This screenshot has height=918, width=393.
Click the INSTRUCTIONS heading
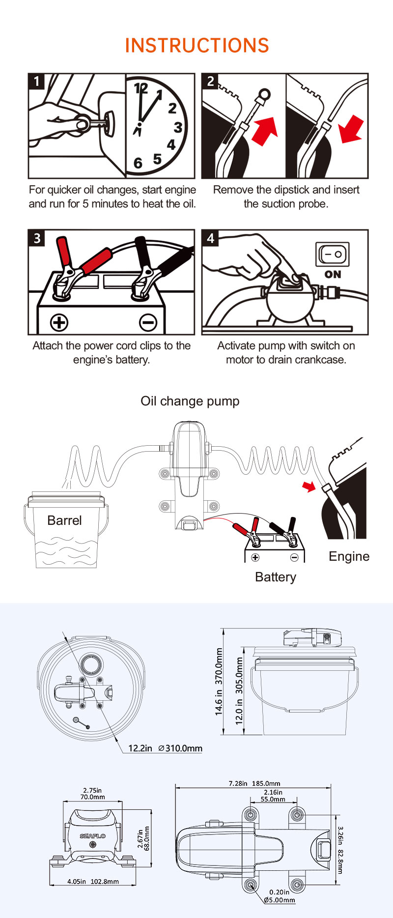pyautogui.click(x=197, y=45)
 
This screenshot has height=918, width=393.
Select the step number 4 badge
pyautogui.click(x=210, y=238)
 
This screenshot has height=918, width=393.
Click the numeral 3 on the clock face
pyautogui.click(x=178, y=127)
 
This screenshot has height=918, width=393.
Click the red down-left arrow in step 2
pyautogui.click(x=351, y=129)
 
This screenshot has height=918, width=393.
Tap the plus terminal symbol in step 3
pyautogui.click(x=59, y=322)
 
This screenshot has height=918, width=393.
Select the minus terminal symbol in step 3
pyautogui.click(x=147, y=322)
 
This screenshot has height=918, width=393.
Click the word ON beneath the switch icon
pyautogui.click(x=333, y=274)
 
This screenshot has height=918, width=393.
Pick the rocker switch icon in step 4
pyautogui.click(x=333, y=255)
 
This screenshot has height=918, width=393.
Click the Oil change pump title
pyautogui.click(x=190, y=401)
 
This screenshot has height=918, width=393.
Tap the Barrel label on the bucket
pyautogui.click(x=64, y=520)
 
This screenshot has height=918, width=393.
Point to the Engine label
pyautogui.click(x=349, y=556)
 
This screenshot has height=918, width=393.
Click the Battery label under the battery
pyautogui.click(x=276, y=577)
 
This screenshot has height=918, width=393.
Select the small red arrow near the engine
pyautogui.click(x=309, y=487)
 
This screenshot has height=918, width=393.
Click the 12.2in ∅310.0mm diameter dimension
pyautogui.click(x=165, y=748)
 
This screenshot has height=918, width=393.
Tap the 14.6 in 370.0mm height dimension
pyautogui.click(x=219, y=682)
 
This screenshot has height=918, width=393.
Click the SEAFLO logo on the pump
pyautogui.click(x=93, y=836)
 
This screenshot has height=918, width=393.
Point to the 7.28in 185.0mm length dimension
pyautogui.click(x=254, y=783)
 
